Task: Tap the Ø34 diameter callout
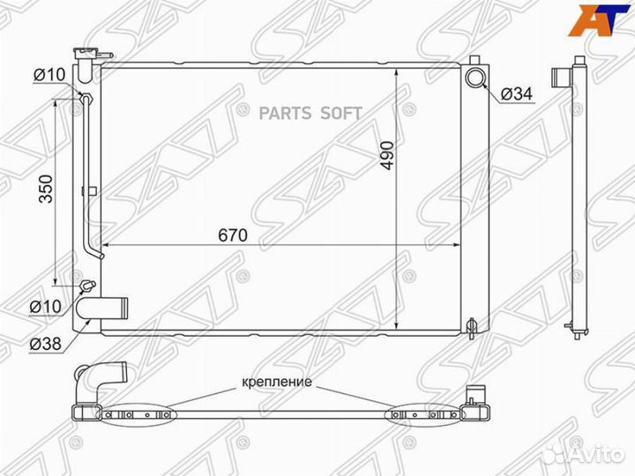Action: point(515,93)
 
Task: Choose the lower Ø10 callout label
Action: point(44,306)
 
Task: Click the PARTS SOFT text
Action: point(310,113)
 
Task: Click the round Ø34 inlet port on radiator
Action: point(476,78)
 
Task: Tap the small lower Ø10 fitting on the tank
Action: point(86,286)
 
